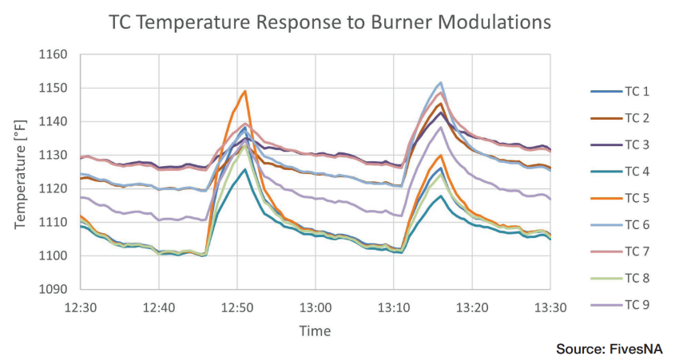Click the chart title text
tap(329, 22)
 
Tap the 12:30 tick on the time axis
tap(81, 307)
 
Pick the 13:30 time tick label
tap(550, 307)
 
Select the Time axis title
tap(315, 330)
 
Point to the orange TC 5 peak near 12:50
tap(244, 91)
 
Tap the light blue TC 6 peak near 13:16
tap(441, 82)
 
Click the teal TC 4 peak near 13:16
tap(441, 196)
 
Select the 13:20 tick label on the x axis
tap(471, 307)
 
